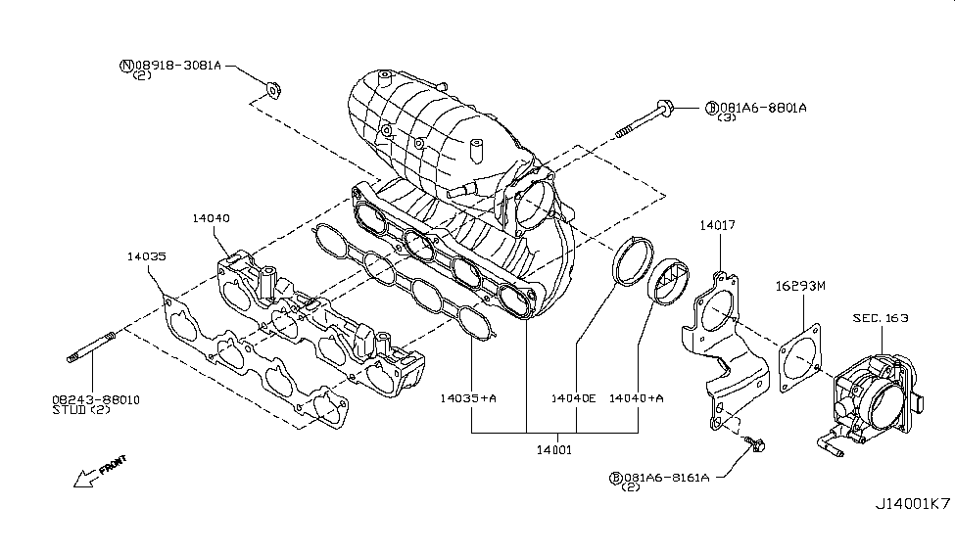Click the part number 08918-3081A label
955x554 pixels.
tap(176, 66)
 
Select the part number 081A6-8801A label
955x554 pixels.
tap(761, 107)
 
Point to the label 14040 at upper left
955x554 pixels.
tap(211, 218)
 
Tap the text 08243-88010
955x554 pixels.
tap(96, 399)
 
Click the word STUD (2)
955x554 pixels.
tap(82, 410)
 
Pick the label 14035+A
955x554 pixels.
tap(468, 398)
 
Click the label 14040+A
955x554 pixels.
tap(637, 398)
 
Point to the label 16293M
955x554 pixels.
tap(801, 286)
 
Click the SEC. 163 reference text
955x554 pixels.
tap(880, 318)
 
